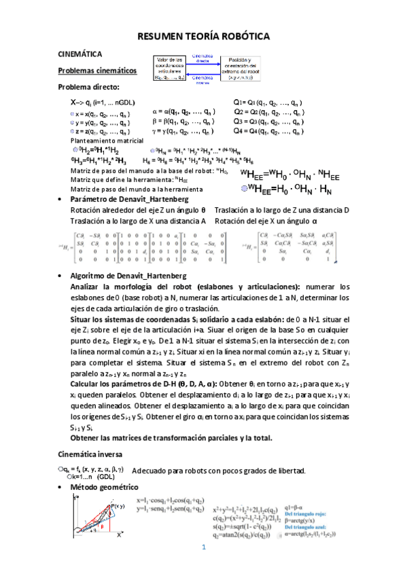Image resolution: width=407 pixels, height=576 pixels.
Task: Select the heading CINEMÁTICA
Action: (x=80, y=54)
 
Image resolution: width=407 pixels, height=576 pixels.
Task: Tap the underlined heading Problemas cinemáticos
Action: (x=97, y=71)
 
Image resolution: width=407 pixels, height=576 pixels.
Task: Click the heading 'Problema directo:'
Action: (x=88, y=86)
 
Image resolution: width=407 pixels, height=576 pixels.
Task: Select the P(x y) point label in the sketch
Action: (x=119, y=507)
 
